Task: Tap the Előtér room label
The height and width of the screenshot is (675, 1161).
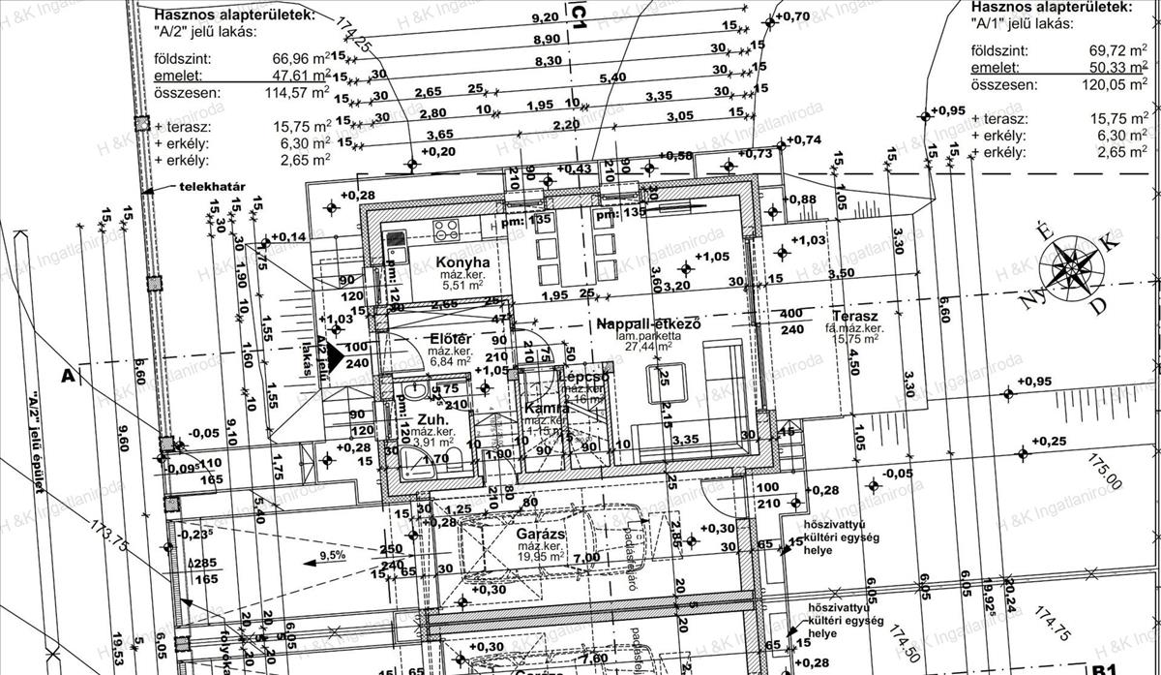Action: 451,338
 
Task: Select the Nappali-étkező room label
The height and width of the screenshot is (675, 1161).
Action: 648,322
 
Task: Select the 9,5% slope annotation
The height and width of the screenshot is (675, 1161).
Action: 332,556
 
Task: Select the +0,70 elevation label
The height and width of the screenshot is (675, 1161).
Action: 792,16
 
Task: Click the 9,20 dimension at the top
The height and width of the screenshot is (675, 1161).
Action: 546,17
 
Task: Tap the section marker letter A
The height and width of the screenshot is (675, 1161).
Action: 68,376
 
